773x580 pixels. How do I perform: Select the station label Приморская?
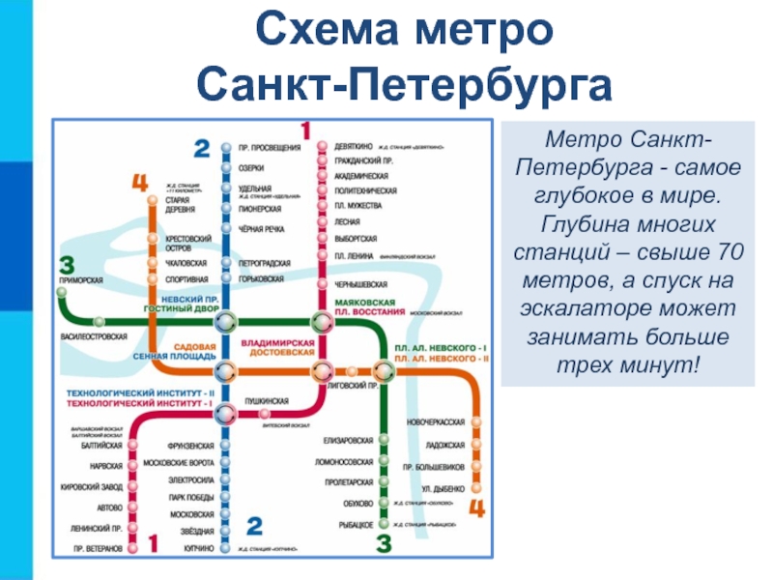click(x=81, y=279)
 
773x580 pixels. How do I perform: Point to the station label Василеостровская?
click(x=94, y=336)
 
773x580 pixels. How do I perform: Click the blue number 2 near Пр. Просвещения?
click(x=201, y=148)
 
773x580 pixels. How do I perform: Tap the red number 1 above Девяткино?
click(x=305, y=130)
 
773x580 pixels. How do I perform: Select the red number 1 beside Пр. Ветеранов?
click(x=152, y=545)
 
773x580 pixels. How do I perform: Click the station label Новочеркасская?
click(x=437, y=422)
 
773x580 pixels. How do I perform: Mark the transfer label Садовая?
click(x=194, y=346)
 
